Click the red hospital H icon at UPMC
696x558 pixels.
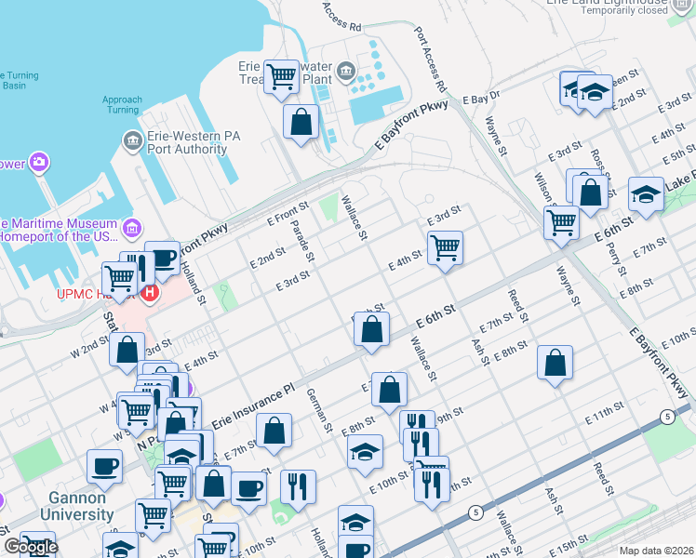(x=150, y=292)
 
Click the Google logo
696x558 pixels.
(x=30, y=547)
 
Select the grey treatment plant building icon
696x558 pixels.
(x=345, y=70)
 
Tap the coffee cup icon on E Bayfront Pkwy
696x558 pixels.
(x=164, y=257)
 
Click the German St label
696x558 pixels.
(x=319, y=410)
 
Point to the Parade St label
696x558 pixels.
(x=304, y=238)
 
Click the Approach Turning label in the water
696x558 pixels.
(x=122, y=104)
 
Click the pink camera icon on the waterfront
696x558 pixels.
(x=38, y=164)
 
